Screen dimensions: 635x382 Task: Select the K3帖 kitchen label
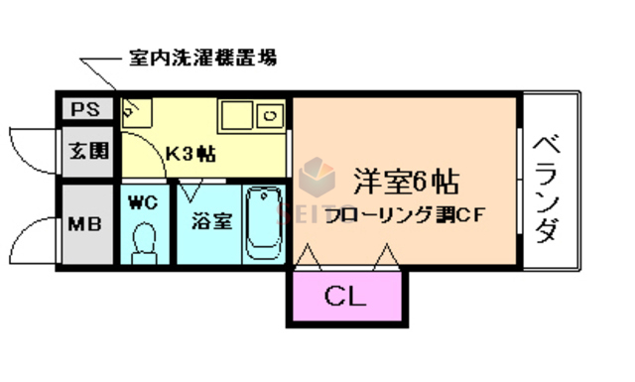(x=191, y=155)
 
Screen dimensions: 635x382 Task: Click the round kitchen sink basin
(x=268, y=117)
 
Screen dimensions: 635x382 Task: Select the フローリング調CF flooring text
(x=403, y=216)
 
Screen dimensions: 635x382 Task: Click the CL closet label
(x=344, y=295)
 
